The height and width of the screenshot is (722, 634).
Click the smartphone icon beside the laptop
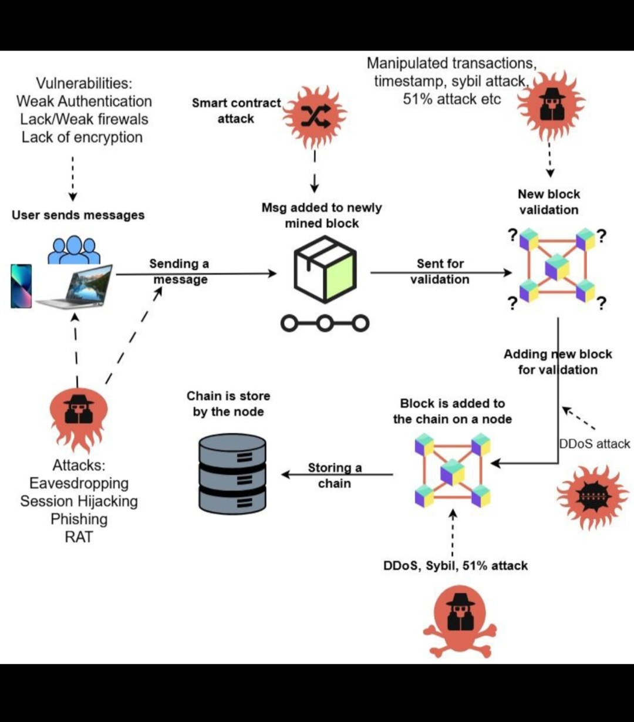coord(21,286)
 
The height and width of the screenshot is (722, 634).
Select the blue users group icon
coord(74,250)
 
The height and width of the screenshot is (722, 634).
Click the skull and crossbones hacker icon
coord(460,620)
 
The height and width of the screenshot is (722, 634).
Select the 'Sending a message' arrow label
coord(179,272)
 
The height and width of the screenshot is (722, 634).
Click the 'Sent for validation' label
coord(440,272)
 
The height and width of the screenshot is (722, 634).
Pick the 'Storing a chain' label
coord(335,475)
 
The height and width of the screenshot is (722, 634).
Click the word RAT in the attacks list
coord(79,537)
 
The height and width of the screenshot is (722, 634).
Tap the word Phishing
coord(79,519)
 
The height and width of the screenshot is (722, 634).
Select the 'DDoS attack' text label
coord(595,444)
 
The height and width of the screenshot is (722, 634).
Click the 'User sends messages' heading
coord(78,215)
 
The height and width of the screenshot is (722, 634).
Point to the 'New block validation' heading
coord(549,202)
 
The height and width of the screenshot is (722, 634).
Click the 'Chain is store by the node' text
coord(228,404)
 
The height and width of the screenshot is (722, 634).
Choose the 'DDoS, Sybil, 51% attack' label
coord(456,566)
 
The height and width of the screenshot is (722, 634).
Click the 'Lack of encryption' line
coord(82,137)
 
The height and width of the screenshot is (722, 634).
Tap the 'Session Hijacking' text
coord(79,501)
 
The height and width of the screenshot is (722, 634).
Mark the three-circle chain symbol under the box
coord(325,323)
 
